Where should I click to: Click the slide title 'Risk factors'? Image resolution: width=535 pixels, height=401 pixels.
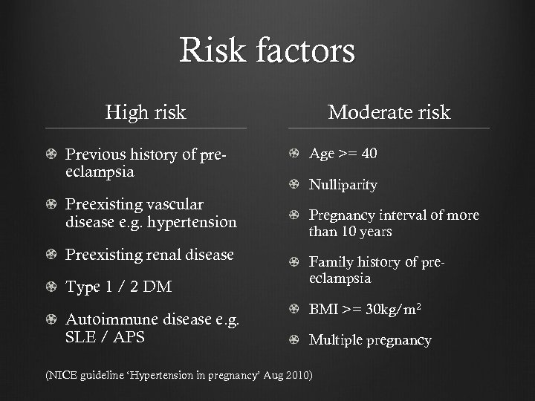click(267, 51)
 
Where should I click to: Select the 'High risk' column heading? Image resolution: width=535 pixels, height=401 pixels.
click(146, 112)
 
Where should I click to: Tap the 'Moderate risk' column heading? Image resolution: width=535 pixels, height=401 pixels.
click(389, 112)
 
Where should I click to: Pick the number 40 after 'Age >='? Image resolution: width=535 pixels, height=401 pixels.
click(369, 154)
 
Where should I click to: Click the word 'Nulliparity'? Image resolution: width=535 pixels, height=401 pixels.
click(343, 184)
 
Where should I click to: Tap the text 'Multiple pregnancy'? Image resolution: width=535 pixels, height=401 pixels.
click(369, 340)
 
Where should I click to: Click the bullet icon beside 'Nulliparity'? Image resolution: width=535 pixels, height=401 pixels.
click(294, 184)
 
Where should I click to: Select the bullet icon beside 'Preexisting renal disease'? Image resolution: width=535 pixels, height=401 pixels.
click(51, 255)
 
